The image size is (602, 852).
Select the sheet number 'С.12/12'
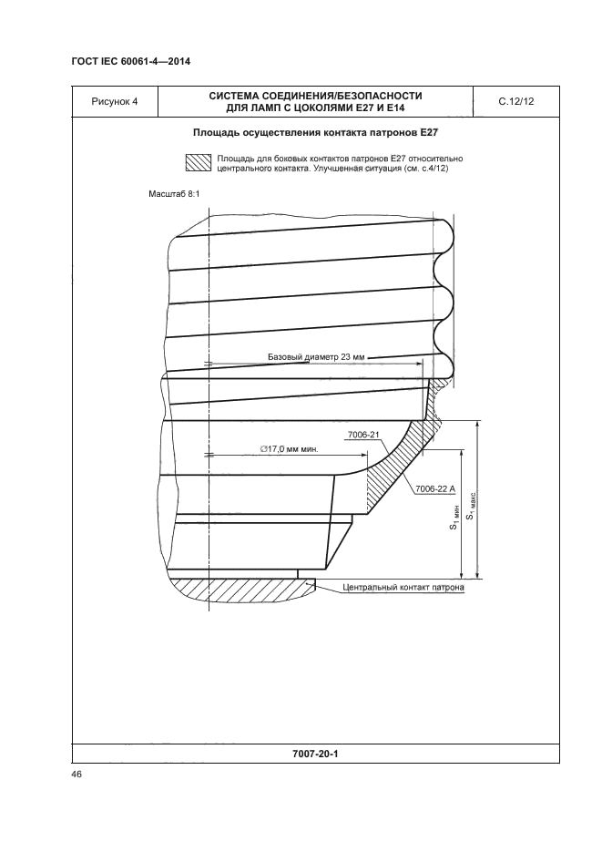pyautogui.click(x=516, y=102)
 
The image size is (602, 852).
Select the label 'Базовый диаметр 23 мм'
pyautogui.click(x=316, y=358)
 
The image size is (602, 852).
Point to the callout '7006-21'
pyautogui.click(x=362, y=436)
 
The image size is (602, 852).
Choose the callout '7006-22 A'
pyautogui.click(x=434, y=490)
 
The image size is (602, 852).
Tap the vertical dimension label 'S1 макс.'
pyautogui.click(x=471, y=503)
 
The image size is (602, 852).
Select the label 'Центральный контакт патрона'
pyautogui.click(x=403, y=588)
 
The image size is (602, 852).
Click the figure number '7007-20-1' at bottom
pyautogui.click(x=316, y=754)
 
